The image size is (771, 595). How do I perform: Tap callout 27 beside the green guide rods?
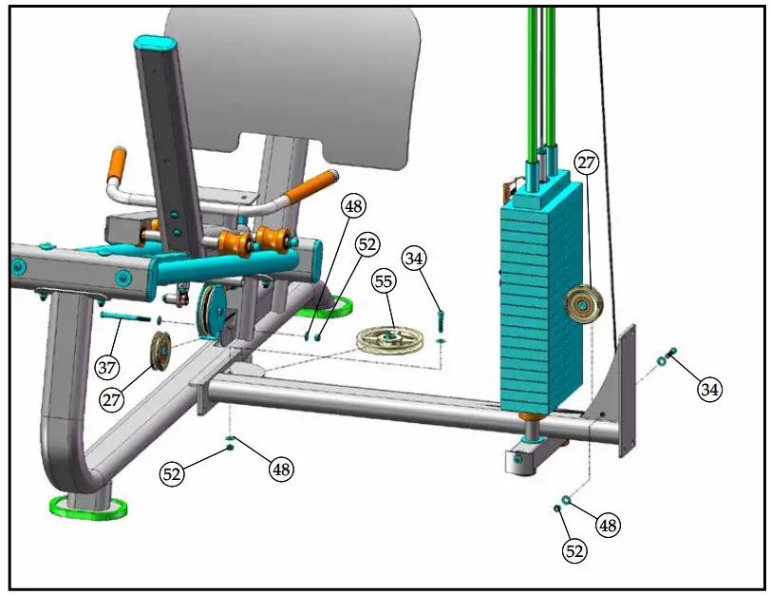pos(587,163)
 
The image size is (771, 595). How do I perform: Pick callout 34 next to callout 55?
pos(414,258)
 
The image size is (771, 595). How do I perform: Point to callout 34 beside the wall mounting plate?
pos(708,388)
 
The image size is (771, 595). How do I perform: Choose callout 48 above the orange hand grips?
pos(354,205)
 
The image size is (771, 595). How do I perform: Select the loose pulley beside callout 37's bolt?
pos(159,354)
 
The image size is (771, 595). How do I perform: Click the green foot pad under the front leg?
pos(87,507)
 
